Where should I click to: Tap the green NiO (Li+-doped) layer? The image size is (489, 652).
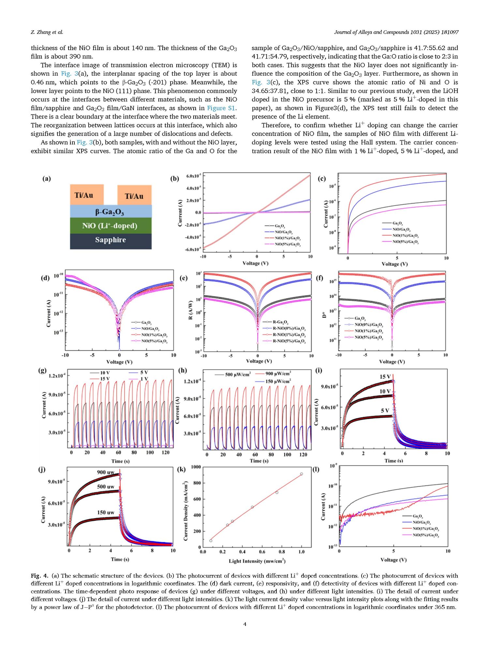(111, 226)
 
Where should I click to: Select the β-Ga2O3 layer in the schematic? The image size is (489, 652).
(111, 211)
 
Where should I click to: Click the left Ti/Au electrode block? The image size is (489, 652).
(87, 195)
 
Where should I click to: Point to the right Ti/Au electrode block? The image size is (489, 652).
(134, 195)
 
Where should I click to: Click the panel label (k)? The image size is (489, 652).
(181, 469)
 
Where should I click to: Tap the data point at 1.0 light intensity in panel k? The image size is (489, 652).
(301, 474)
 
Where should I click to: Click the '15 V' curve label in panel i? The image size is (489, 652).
(385, 377)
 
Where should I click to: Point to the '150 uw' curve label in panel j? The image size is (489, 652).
(106, 512)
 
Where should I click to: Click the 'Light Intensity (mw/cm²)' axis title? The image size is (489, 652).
(257, 561)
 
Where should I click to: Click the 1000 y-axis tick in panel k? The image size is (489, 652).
(196, 467)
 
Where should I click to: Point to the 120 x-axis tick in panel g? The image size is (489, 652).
(166, 452)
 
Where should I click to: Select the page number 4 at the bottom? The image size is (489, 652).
(244, 624)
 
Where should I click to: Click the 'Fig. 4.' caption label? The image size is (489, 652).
(39, 576)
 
